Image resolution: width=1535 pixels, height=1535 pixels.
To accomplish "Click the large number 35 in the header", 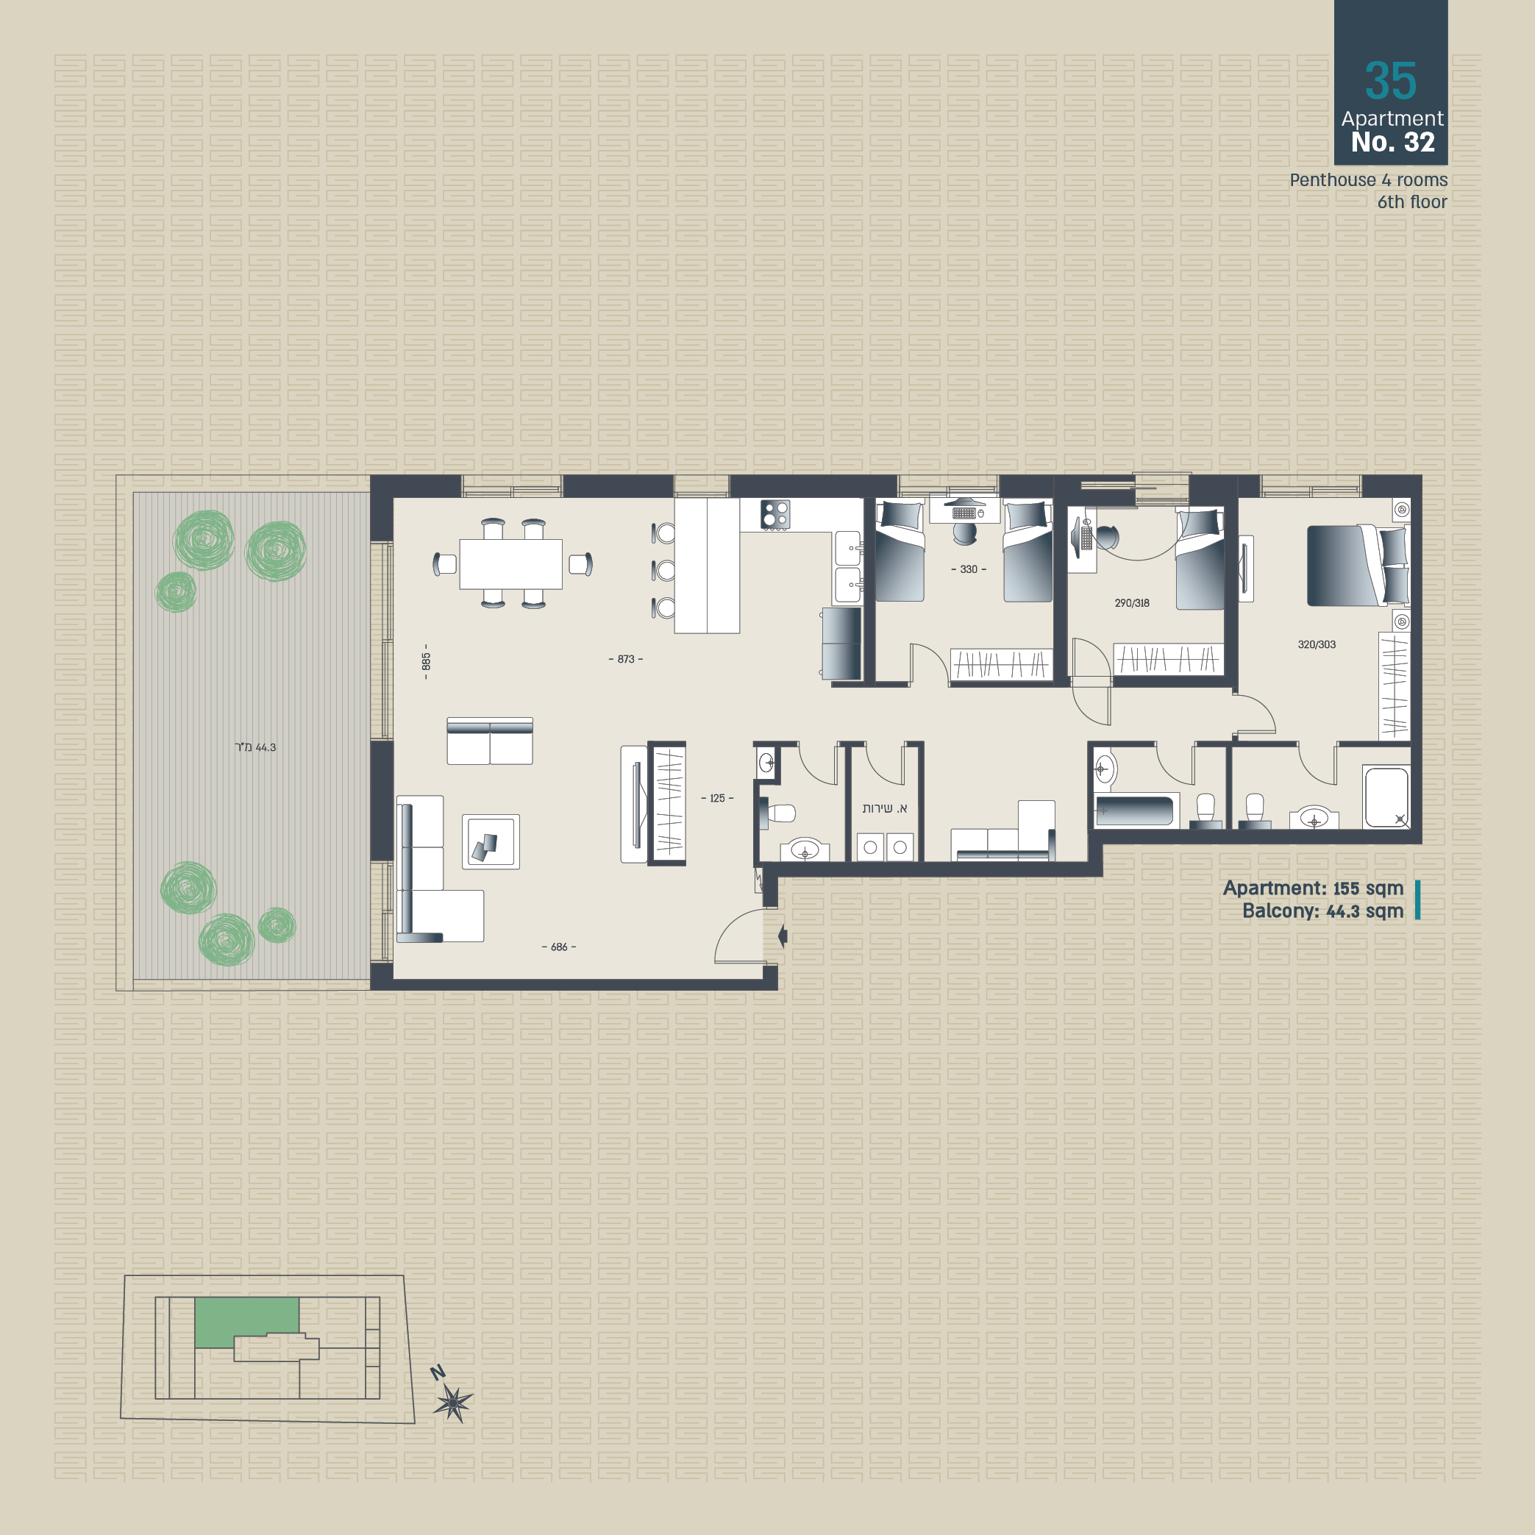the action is [1390, 81].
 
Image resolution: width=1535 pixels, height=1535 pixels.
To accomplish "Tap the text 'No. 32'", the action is [1393, 142].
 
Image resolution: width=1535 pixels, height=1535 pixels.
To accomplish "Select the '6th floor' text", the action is [1412, 202].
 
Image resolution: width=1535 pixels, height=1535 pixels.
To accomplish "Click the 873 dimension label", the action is [626, 659].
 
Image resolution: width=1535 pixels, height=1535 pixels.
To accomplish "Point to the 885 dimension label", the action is [426, 661].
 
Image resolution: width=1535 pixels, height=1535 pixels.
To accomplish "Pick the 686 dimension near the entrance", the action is [559, 947].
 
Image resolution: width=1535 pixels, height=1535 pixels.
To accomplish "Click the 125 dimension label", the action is [717, 799].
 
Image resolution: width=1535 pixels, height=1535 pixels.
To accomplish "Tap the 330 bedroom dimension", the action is [969, 569].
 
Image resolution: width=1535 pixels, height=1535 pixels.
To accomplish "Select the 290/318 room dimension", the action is [1131, 603].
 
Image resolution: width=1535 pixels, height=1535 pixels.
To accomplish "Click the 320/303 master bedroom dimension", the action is [1317, 644].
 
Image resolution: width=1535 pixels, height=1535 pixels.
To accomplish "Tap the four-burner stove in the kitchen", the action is [774, 514].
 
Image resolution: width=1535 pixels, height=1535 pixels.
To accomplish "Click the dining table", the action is [511, 563].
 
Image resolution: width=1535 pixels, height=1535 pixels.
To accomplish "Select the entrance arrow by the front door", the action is [783, 936].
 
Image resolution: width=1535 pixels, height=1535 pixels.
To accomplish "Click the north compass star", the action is [453, 1403].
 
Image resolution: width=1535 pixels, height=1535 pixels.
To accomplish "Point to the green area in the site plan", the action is [247, 1321].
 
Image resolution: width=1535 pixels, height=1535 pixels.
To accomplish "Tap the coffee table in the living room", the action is [491, 841].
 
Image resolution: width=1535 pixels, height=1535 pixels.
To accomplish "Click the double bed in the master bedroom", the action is [1358, 565].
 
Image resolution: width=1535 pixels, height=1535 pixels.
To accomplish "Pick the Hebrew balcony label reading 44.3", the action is [255, 747].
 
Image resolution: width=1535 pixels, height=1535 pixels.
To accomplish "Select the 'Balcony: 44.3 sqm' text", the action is [1323, 911].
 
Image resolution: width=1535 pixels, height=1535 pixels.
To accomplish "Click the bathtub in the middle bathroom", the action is [1133, 811].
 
